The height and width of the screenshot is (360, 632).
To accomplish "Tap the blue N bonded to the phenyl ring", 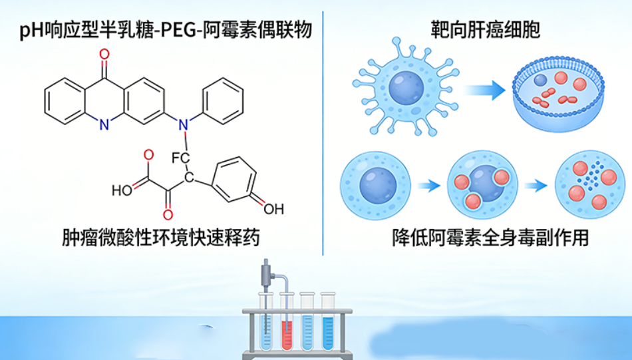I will coord(186,124).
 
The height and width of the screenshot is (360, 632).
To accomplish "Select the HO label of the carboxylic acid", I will coord(122,189).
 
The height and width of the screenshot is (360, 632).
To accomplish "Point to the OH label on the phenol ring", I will coord(273,209).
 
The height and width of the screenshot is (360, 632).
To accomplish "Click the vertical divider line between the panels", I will coord(323,133).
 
